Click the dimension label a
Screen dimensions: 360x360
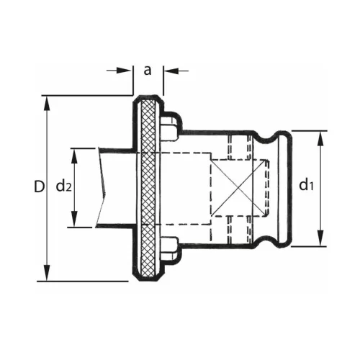(148, 70)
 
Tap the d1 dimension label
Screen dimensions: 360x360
(307, 186)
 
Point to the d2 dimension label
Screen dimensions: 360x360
(63, 187)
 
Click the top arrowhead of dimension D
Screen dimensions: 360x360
(48, 101)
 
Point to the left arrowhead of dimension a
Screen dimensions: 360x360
(128, 71)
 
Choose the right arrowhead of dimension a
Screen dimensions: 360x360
(168, 71)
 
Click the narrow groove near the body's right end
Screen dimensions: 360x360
(268, 187)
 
